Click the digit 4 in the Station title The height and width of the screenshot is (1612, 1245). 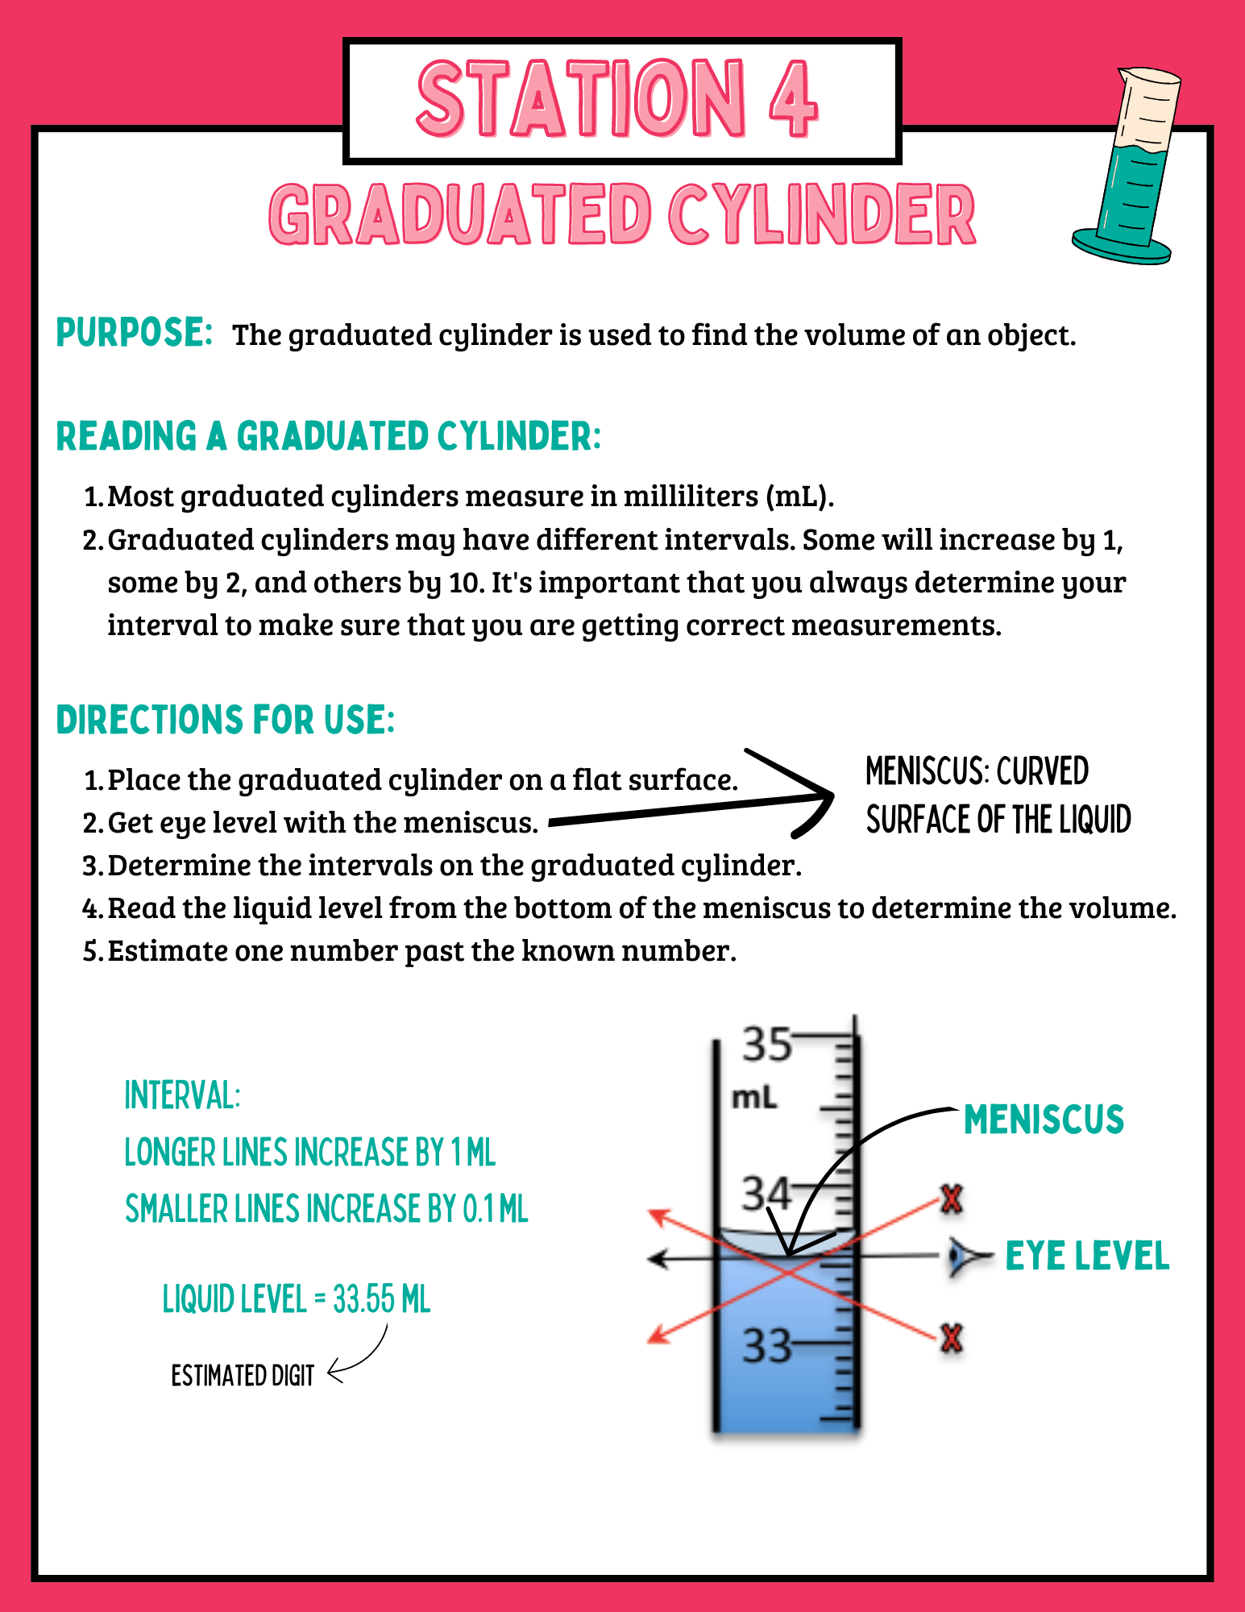tap(794, 99)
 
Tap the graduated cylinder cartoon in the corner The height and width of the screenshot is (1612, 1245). tap(1126, 166)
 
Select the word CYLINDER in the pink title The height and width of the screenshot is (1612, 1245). tap(822, 215)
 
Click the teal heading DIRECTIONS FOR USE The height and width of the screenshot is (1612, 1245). tap(226, 720)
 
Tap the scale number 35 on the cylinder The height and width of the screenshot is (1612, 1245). tap(767, 1044)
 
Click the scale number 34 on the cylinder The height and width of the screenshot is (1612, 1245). tap(766, 1194)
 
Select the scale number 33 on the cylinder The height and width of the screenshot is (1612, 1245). tap(766, 1345)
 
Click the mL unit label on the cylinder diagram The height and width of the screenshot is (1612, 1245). tap(754, 1098)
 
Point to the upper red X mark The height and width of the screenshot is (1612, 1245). tap(952, 1199)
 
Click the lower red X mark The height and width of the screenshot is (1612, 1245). tap(952, 1340)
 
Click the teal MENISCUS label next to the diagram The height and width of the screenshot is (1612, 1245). tap(1044, 1120)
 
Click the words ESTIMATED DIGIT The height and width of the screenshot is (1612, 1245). tap(243, 1375)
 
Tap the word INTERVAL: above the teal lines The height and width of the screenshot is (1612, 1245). tap(182, 1095)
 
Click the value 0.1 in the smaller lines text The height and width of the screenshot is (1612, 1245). tap(477, 1209)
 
